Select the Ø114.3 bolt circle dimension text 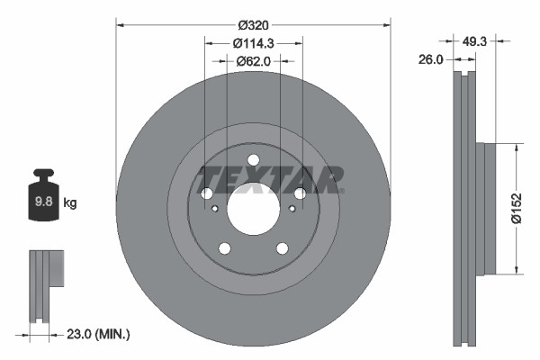tap(253, 43)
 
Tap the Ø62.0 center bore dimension tap(253, 61)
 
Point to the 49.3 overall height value tap(477, 40)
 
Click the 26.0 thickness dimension tap(433, 59)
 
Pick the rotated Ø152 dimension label tap(517, 208)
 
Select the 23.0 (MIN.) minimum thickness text tap(99, 334)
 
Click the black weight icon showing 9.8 tap(43, 200)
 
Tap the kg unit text tap(70, 203)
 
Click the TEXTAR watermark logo tap(270, 178)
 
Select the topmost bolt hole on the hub tap(253, 160)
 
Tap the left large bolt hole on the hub tap(206, 193)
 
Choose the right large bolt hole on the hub tap(300, 193)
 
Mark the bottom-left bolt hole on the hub tap(224, 248)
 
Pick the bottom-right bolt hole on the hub tap(282, 248)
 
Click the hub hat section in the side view tap(488, 208)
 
